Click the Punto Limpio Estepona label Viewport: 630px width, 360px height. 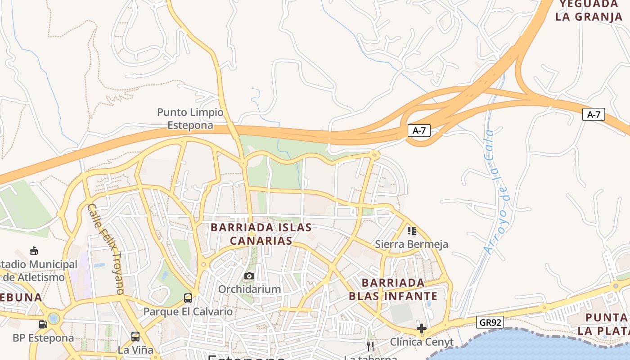tap(190, 119)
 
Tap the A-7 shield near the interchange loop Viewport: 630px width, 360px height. tap(419, 130)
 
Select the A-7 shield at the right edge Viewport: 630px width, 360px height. tap(594, 114)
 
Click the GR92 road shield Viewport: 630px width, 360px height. tap(490, 322)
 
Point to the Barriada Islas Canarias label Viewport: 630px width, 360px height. tap(261, 234)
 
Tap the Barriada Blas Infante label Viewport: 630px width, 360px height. tap(393, 289)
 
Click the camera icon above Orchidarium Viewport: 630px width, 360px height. tap(249, 276)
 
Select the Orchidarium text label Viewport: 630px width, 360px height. tap(249, 289)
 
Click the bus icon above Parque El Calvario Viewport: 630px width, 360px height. tap(188, 298)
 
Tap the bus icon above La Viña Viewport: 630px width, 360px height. tap(135, 336)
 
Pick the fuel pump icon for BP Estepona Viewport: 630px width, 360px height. tap(43, 324)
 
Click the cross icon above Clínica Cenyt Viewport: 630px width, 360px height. tap(421, 328)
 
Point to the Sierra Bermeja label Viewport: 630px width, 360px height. tap(412, 244)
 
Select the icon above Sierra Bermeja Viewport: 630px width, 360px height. tap(412, 231)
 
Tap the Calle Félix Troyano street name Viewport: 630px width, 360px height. tap(106, 249)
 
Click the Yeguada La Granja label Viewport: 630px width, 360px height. tap(589, 11)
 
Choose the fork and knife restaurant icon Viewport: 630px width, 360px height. tap(370, 346)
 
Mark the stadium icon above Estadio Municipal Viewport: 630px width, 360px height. tap(33, 251)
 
